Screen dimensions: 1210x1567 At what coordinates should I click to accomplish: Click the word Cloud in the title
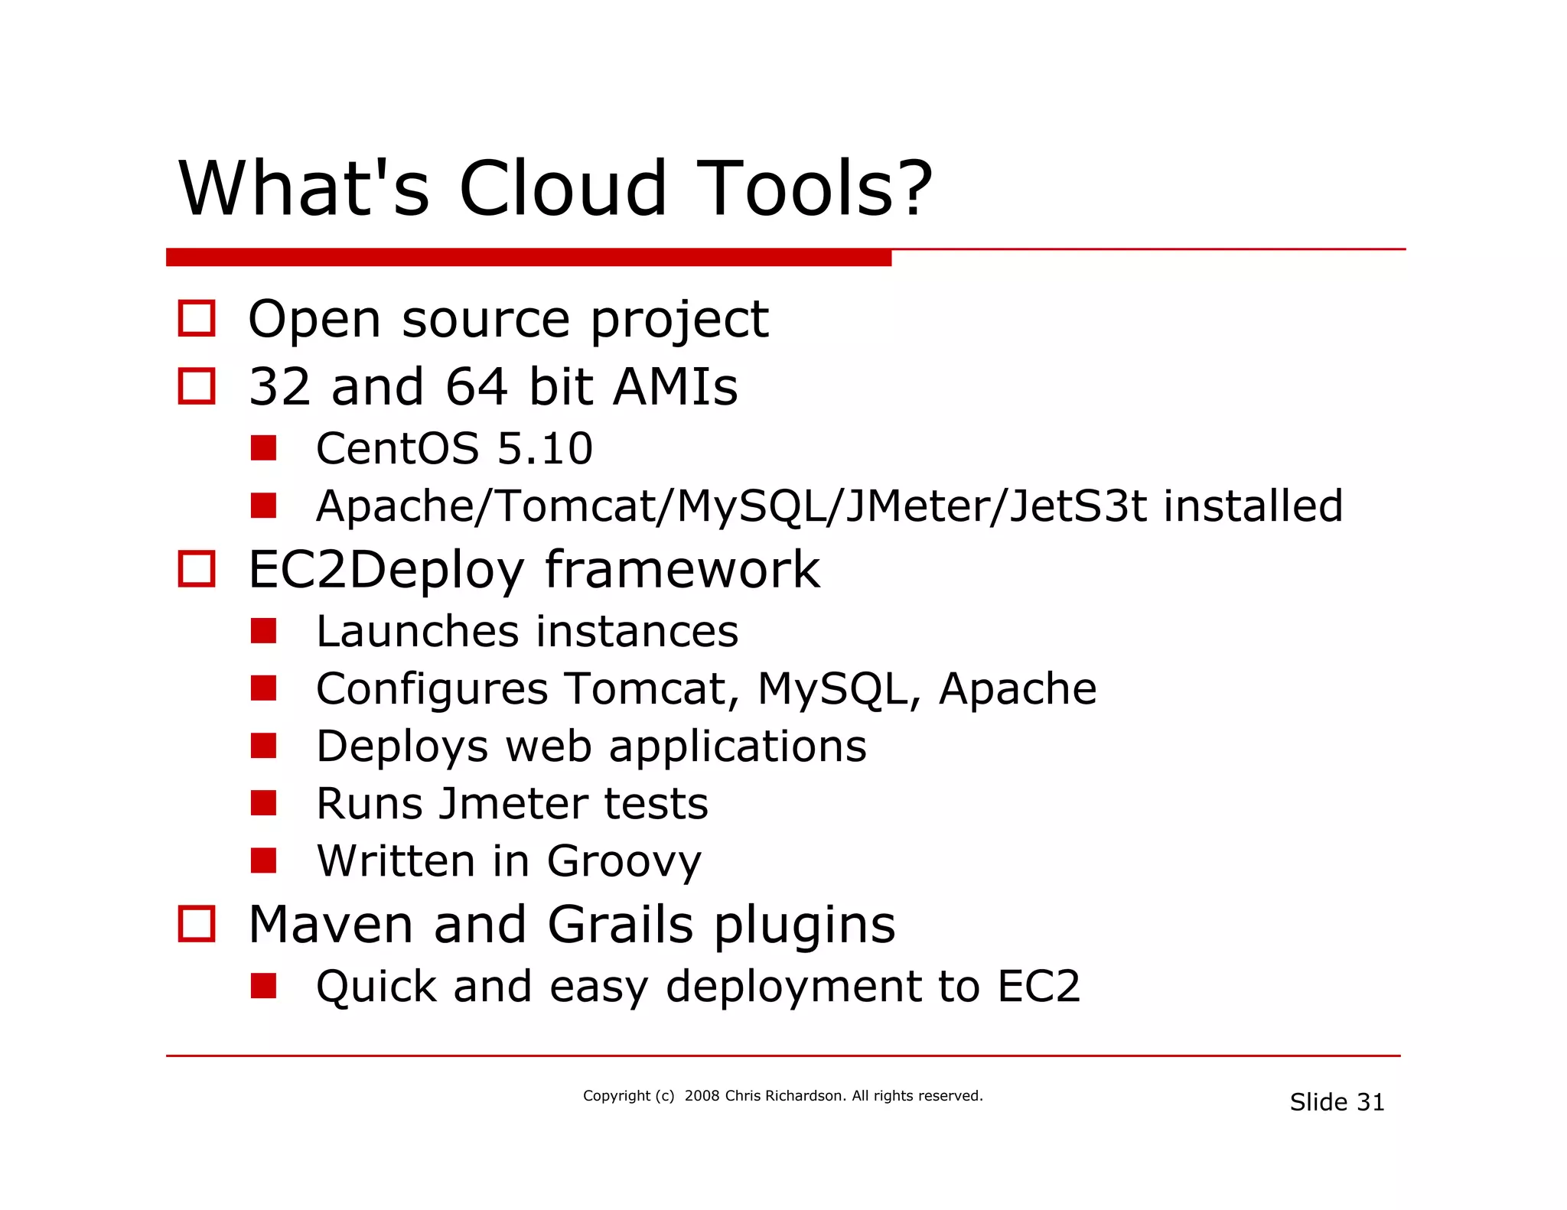(x=562, y=189)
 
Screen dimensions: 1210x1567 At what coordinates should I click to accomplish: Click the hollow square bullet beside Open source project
(x=197, y=318)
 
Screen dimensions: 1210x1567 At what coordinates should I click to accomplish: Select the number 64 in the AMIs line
(x=476, y=386)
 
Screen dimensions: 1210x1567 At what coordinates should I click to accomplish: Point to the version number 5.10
(x=545, y=448)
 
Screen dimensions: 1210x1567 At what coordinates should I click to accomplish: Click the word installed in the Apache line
(x=1253, y=506)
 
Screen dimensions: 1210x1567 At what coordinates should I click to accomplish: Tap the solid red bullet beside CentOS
(x=263, y=448)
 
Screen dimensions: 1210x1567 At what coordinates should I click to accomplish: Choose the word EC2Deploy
(x=386, y=570)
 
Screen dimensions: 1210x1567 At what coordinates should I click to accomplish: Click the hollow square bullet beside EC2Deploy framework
(x=197, y=569)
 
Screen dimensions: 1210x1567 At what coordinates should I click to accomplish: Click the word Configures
(x=432, y=689)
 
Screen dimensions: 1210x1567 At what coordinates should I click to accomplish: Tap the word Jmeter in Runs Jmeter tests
(x=513, y=804)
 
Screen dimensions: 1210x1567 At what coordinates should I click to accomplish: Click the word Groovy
(x=624, y=862)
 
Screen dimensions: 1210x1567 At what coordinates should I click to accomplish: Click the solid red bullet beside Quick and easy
(x=263, y=986)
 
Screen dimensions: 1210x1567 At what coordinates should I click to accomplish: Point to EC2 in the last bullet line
(x=1038, y=986)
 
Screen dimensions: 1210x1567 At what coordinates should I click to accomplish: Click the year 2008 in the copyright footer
(x=702, y=1096)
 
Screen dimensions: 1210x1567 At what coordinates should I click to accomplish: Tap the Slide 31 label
(x=1337, y=1102)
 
